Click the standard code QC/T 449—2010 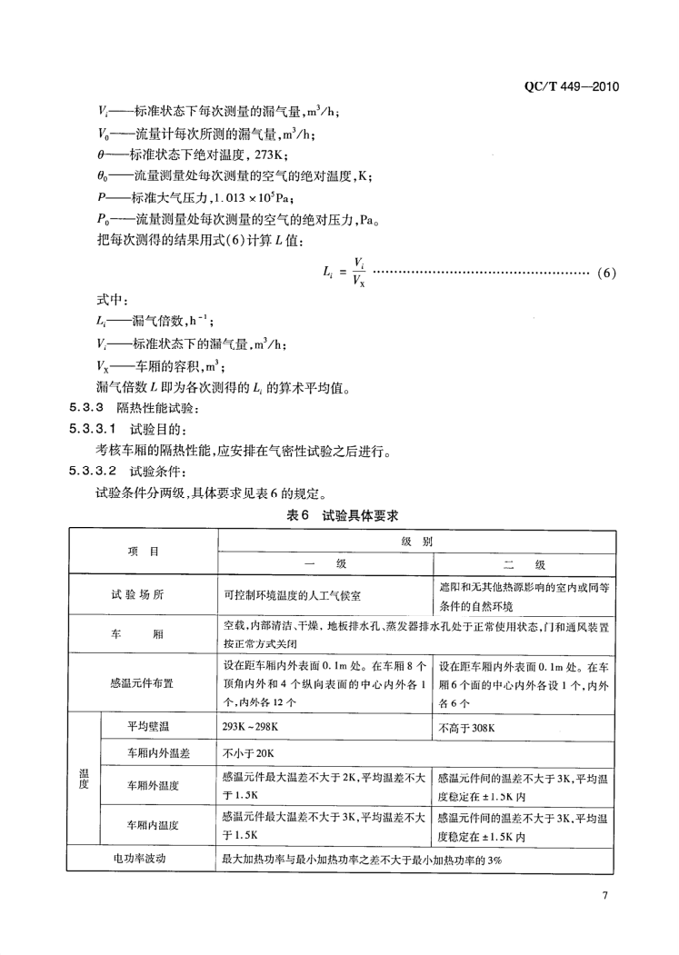pos(572,86)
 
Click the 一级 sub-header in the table pos(325,563)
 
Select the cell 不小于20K pos(246,754)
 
